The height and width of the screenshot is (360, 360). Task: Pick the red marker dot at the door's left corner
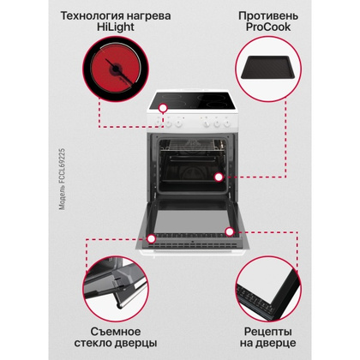(x=151, y=238)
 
